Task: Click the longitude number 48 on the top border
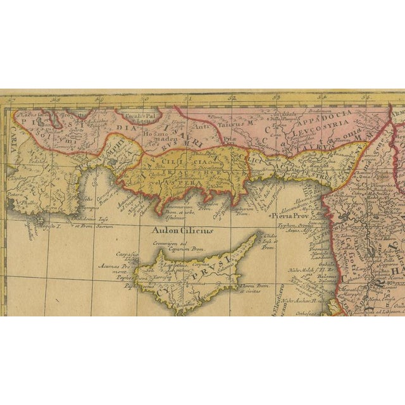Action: click(56, 99)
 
